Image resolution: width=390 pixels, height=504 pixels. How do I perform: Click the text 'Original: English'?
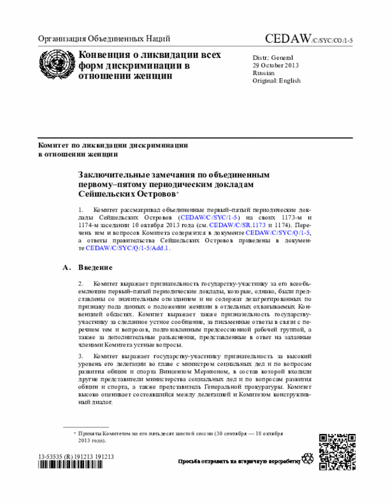pyautogui.click(x=277, y=80)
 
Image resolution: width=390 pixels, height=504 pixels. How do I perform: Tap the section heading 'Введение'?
pyautogui.click(x=95, y=267)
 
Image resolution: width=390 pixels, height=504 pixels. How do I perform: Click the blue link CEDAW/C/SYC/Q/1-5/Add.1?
pyautogui.click(x=128, y=248)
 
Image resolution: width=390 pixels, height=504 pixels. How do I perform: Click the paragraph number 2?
pyautogui.click(x=80, y=284)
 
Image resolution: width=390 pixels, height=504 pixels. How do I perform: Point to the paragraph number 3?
pyautogui.click(x=80, y=355)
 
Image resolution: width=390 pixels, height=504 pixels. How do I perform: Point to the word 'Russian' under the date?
pyautogui.click(x=264, y=72)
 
